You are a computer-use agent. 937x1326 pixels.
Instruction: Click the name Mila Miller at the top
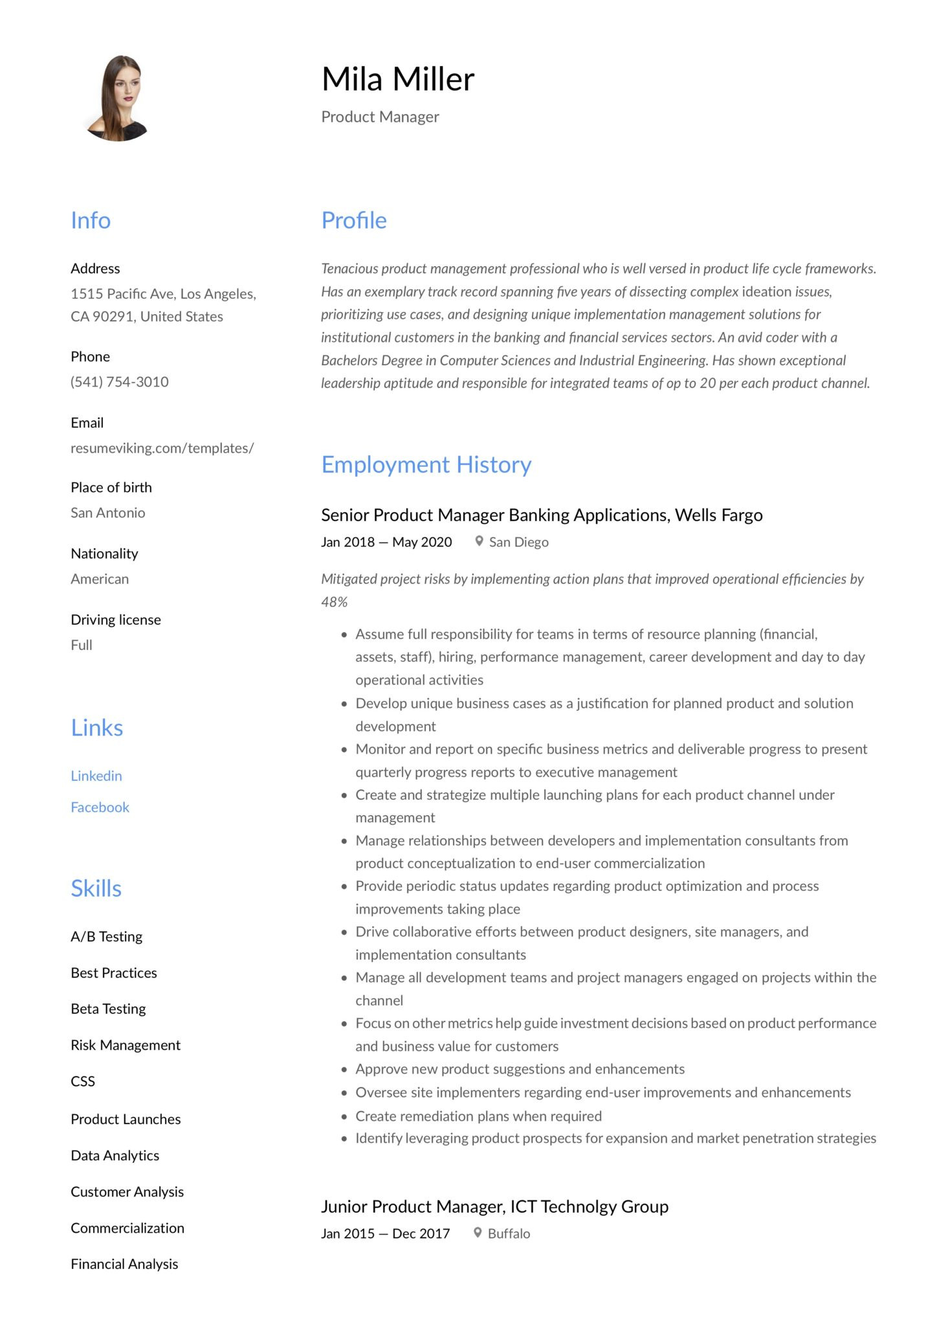tap(398, 79)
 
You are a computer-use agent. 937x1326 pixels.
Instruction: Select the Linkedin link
tap(96, 776)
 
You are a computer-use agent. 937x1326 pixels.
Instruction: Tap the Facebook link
tap(100, 807)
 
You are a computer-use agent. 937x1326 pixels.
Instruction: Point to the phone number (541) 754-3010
tap(120, 382)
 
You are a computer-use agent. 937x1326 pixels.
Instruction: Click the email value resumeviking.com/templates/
tap(162, 448)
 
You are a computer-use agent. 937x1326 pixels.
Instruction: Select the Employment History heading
tap(426, 465)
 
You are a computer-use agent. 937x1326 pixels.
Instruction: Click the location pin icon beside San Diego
tap(479, 541)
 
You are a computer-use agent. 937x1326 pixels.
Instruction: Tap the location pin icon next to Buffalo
tap(478, 1233)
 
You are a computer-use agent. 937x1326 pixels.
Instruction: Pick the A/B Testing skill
tap(107, 937)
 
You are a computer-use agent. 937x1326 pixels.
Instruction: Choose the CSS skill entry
tap(83, 1081)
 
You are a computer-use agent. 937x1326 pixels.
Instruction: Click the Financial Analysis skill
tap(124, 1264)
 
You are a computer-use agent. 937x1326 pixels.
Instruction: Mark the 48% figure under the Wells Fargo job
tap(334, 602)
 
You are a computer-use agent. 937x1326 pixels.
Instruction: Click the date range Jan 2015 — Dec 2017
tap(386, 1233)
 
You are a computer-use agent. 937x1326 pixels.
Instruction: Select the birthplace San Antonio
tap(108, 513)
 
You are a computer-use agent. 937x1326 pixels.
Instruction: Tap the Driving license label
tap(116, 620)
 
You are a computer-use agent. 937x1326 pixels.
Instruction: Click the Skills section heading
tap(96, 888)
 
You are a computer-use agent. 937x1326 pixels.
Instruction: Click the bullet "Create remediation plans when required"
tap(478, 1116)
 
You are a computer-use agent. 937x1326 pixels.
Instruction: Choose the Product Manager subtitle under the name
tap(380, 117)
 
